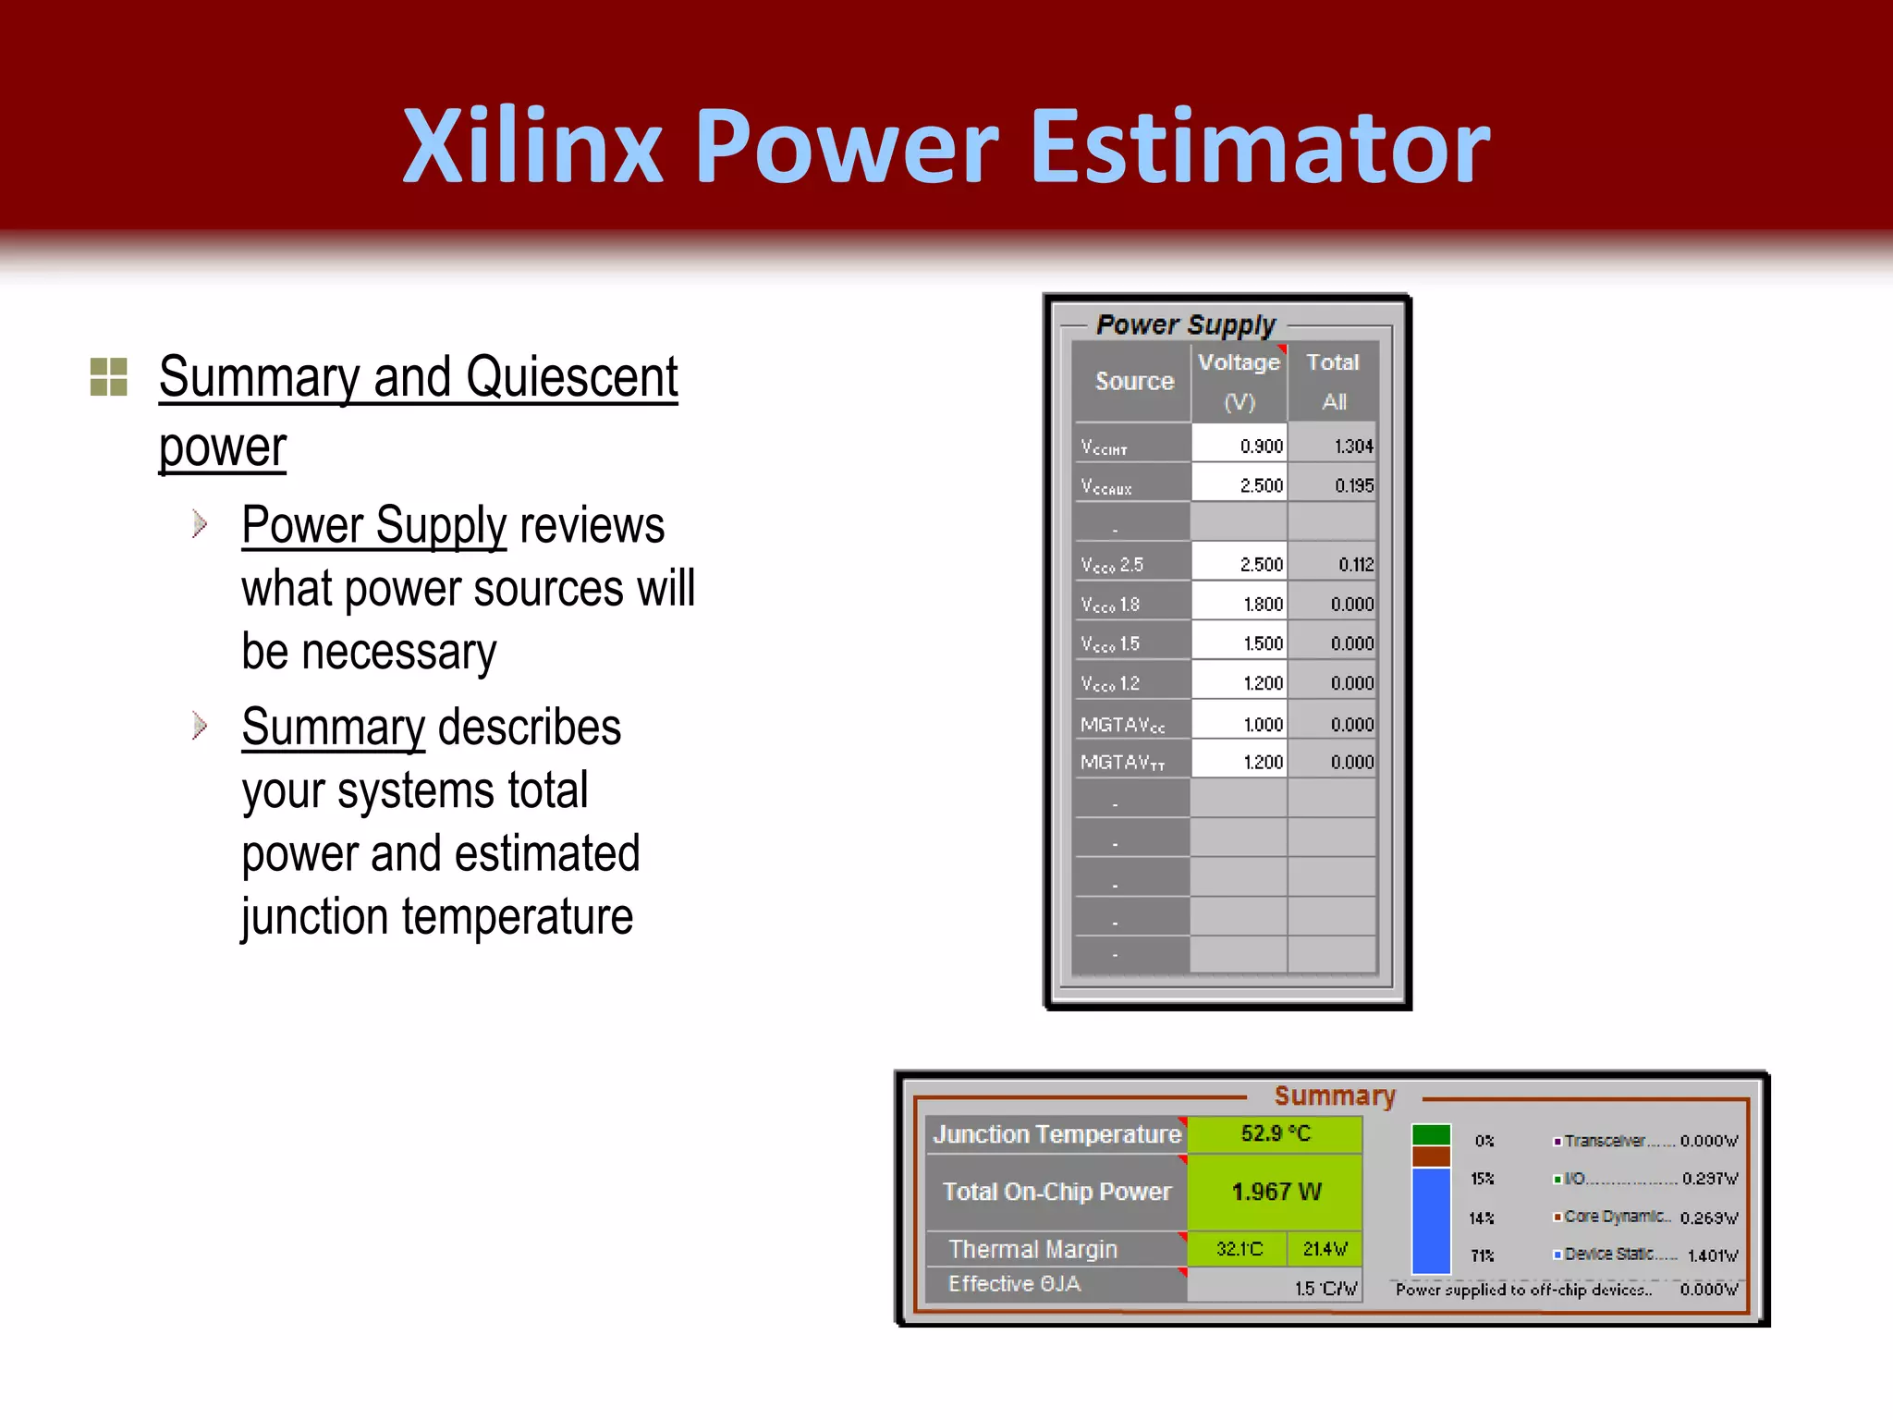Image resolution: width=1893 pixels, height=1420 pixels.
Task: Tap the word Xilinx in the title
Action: (533, 146)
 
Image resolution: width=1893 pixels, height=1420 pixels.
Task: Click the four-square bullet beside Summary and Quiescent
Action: (108, 377)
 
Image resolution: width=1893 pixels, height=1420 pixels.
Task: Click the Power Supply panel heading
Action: (1185, 324)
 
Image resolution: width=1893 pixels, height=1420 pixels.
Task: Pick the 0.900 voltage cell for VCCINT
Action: (1239, 446)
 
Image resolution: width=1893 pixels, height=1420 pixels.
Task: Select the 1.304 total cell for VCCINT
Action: (1333, 446)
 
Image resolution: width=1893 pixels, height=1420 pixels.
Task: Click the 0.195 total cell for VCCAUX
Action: (1333, 485)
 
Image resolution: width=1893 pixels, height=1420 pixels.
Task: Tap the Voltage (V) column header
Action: (1239, 381)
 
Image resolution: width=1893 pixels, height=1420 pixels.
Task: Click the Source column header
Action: (1133, 381)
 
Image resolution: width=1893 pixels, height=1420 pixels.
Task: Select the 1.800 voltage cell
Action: (1239, 604)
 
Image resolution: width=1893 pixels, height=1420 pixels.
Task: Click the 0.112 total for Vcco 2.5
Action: (1333, 564)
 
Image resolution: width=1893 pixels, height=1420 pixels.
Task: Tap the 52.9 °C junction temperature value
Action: (1275, 1133)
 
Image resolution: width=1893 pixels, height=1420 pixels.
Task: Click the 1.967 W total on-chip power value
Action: (1275, 1192)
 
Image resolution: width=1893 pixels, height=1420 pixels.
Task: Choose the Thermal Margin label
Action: (1033, 1249)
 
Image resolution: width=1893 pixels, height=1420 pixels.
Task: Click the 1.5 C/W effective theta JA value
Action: (1324, 1288)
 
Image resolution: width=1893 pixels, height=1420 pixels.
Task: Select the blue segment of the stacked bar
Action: (1431, 1220)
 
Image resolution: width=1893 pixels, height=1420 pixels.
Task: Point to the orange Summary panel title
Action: (1334, 1096)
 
